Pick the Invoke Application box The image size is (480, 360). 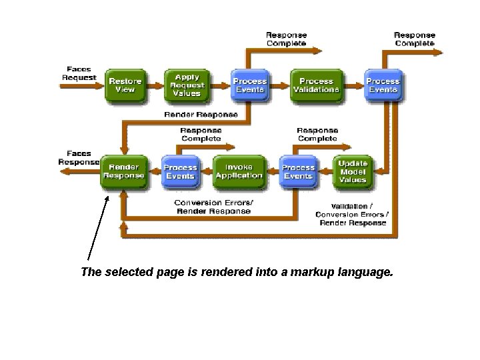(x=239, y=171)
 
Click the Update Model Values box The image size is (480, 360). (x=353, y=171)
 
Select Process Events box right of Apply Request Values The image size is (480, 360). (x=249, y=85)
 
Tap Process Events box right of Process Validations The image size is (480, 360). (x=383, y=85)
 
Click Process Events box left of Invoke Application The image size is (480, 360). (x=180, y=171)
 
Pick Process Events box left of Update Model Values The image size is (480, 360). (x=298, y=171)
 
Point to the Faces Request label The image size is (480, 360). (x=80, y=73)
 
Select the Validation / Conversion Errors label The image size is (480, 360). (x=353, y=214)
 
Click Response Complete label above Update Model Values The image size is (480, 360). (x=317, y=134)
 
